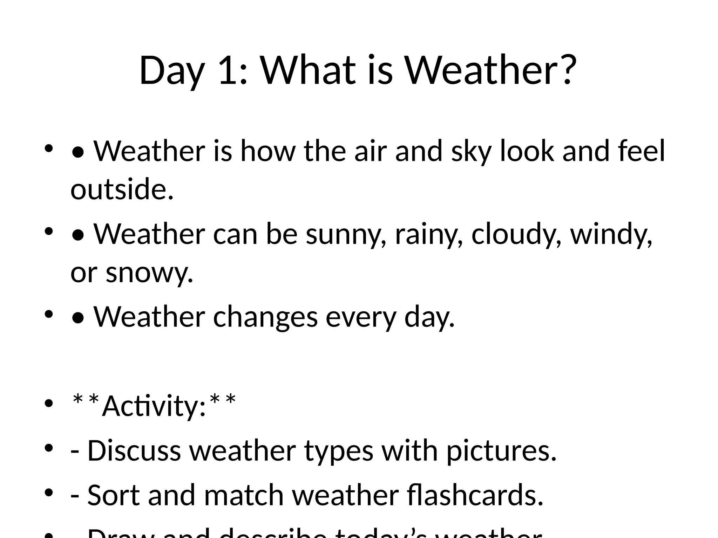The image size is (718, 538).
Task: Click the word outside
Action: click(122, 189)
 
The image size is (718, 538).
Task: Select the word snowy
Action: click(149, 273)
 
